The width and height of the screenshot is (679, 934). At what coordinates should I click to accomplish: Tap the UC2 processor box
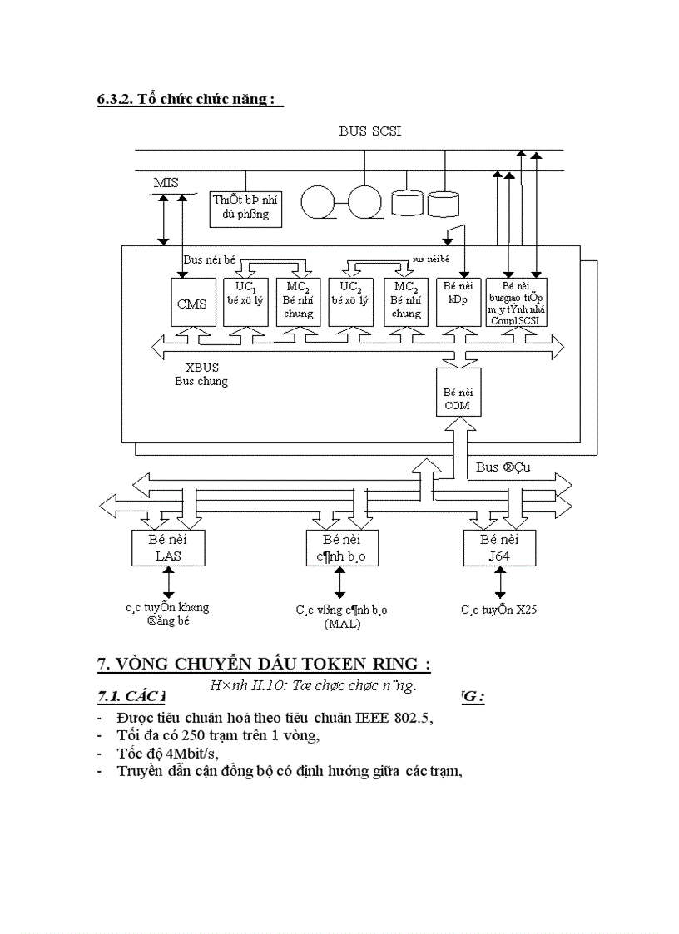pos(352,301)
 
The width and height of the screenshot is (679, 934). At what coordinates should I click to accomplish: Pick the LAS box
pos(167,547)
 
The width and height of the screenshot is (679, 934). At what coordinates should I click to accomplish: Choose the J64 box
pos(498,547)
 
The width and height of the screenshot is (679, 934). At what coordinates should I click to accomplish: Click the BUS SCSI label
pos(370,131)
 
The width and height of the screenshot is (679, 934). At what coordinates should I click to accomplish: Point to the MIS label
pos(166,182)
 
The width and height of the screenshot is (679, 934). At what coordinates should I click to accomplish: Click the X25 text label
pos(525,610)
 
